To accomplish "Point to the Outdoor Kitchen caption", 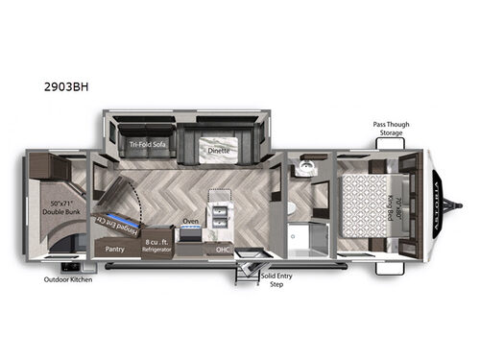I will coord(67,281).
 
